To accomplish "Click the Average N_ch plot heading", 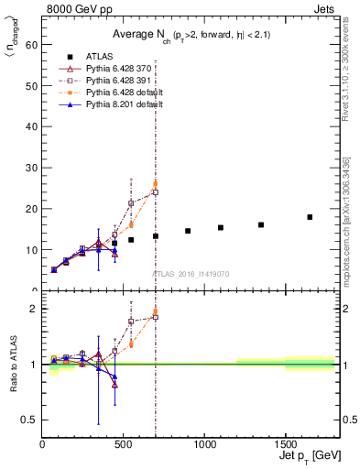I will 191,34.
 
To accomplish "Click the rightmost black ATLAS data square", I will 310,217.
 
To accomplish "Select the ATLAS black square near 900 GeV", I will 188,231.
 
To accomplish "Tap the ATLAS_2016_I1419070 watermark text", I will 191,273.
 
